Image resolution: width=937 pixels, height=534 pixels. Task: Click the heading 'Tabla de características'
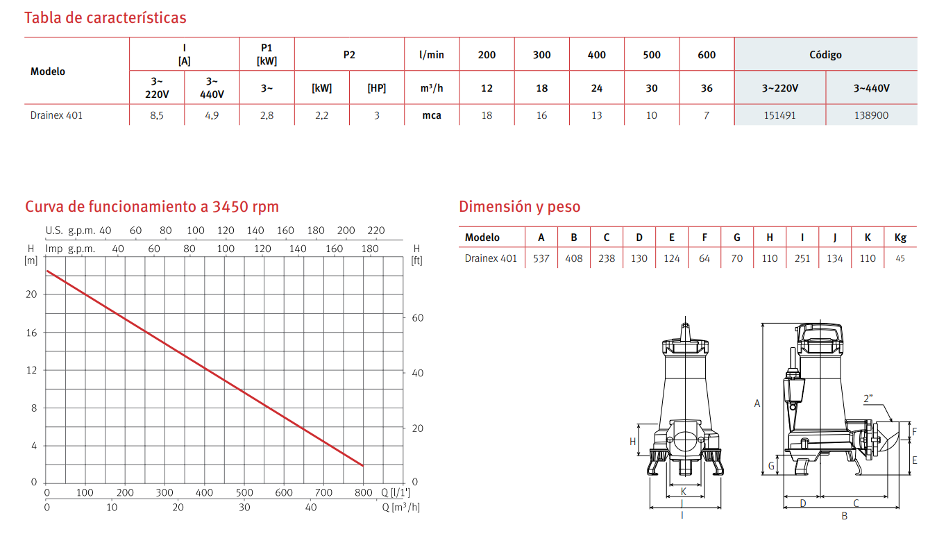(x=105, y=17)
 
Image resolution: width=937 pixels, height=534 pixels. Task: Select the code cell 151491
(x=779, y=115)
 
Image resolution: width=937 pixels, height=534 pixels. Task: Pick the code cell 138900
(x=871, y=115)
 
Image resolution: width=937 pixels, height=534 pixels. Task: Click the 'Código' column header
(x=825, y=54)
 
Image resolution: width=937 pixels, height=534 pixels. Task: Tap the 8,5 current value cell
(x=157, y=115)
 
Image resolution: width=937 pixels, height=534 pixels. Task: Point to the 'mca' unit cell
(x=432, y=115)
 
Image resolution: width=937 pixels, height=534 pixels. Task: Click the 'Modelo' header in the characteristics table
(x=48, y=72)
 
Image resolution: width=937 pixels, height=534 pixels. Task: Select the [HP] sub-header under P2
(x=376, y=88)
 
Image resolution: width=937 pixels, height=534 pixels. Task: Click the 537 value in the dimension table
(x=541, y=258)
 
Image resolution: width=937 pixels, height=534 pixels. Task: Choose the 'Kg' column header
(x=900, y=237)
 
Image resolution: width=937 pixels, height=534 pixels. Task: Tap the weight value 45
(x=900, y=258)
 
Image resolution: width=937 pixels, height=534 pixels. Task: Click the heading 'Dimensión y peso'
(x=519, y=207)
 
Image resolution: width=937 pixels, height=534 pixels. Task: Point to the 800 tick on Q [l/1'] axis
(x=362, y=493)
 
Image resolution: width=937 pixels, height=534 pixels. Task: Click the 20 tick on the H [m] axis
(x=31, y=294)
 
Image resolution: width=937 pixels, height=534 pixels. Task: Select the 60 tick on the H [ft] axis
(x=418, y=318)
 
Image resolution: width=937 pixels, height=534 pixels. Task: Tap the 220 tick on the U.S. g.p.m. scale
(x=375, y=231)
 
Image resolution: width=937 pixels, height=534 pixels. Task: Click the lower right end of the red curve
(x=362, y=465)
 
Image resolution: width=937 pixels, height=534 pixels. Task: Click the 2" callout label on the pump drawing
(x=868, y=399)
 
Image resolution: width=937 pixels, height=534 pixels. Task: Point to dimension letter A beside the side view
(x=757, y=403)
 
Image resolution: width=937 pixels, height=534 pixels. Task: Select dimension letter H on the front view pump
(x=632, y=441)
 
